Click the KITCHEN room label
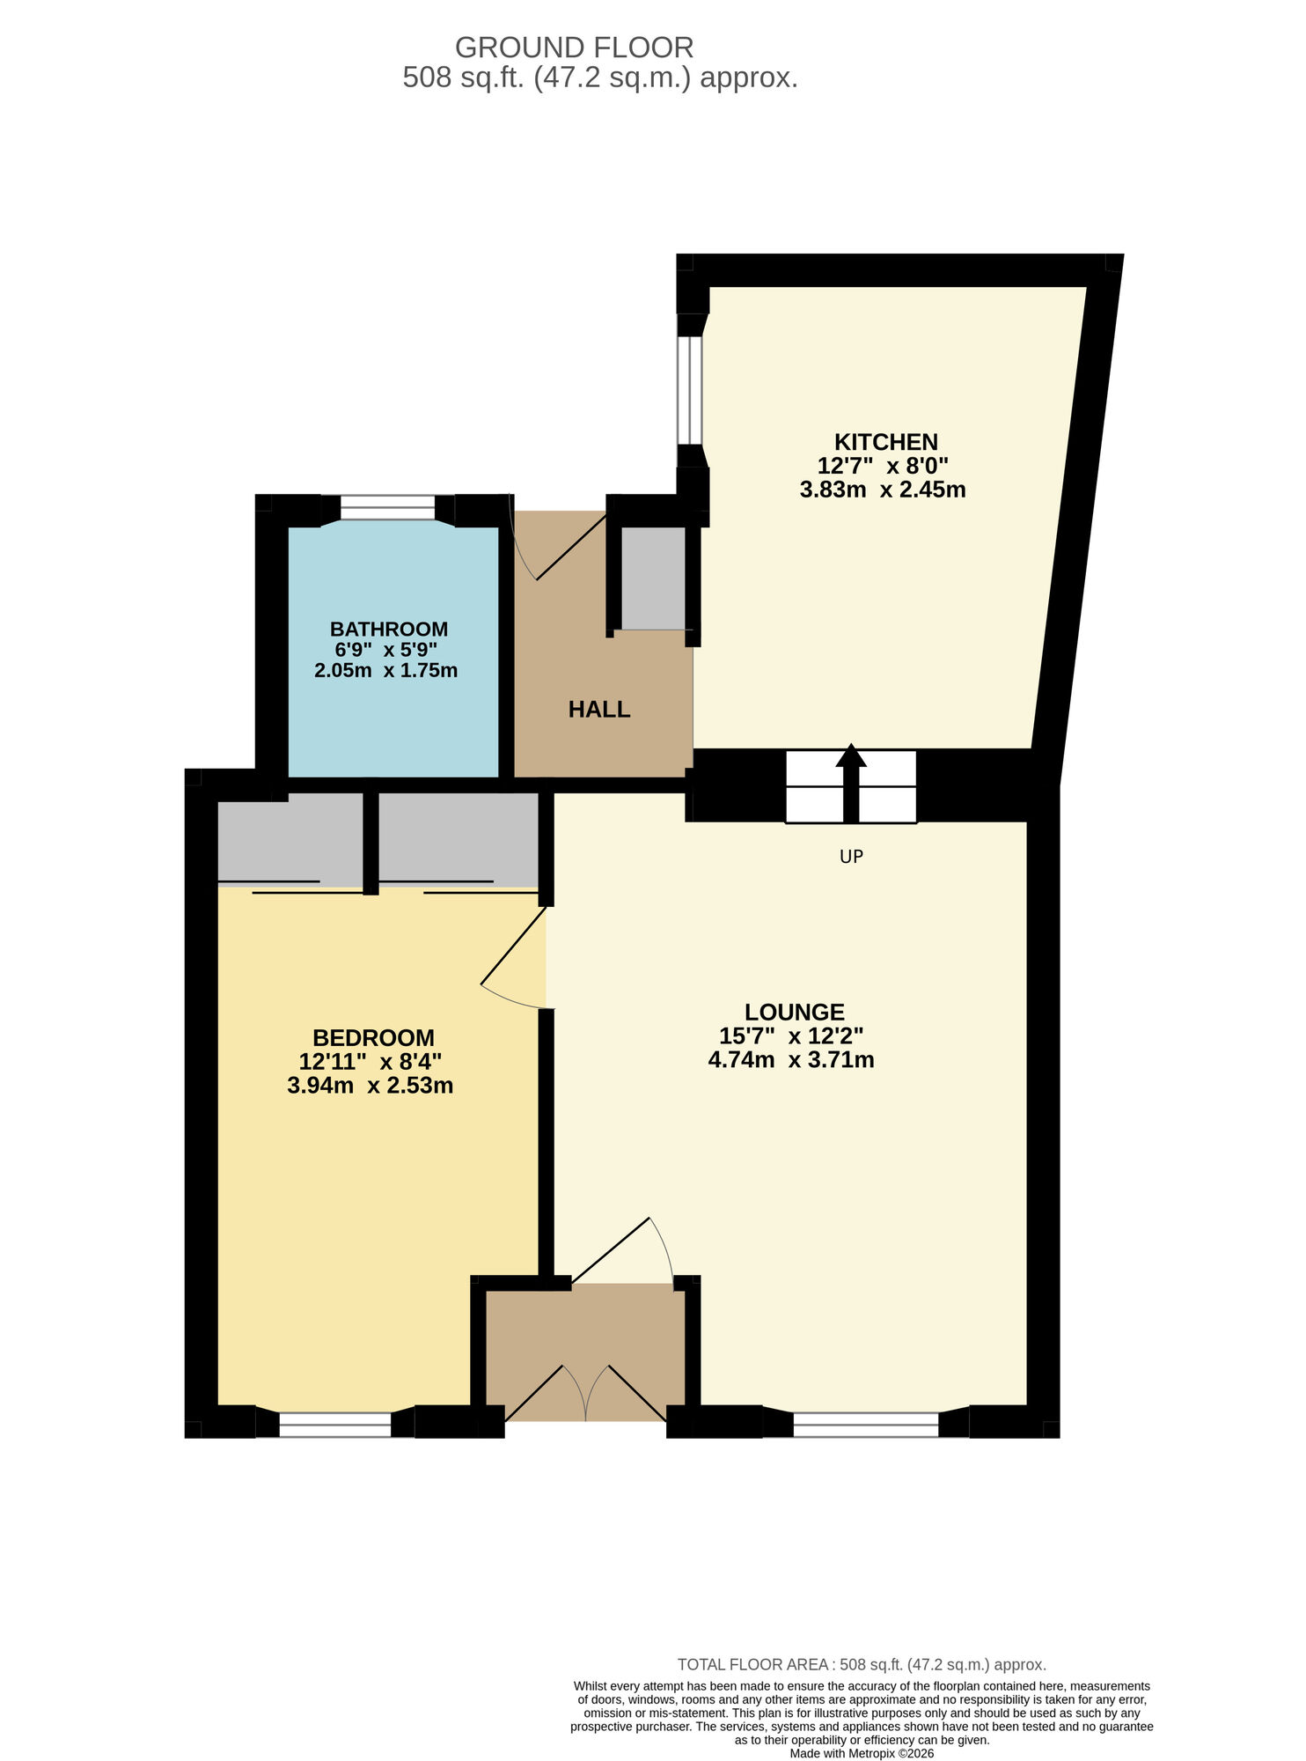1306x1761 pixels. pyautogui.click(x=885, y=442)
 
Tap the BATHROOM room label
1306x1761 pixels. pyautogui.click(x=388, y=630)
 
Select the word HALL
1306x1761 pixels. pyautogui.click(x=599, y=710)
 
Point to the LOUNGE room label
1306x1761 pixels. pyautogui.click(x=794, y=1013)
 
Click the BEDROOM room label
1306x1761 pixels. pyautogui.click(x=373, y=1038)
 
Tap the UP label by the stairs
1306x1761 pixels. pyautogui.click(x=851, y=857)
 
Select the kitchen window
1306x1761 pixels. pyautogui.click(x=691, y=390)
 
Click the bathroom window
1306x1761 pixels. pyautogui.click(x=387, y=508)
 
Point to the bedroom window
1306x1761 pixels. pyautogui.click(x=335, y=1425)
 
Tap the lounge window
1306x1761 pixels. pyautogui.click(x=866, y=1425)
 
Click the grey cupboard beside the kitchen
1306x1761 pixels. pyautogui.click(x=653, y=578)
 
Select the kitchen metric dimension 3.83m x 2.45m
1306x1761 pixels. pyautogui.click(x=882, y=490)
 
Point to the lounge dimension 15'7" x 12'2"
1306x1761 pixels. pyautogui.click(x=791, y=1036)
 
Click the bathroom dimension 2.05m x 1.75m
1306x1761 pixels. pyautogui.click(x=385, y=671)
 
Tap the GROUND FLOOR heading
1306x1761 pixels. pyautogui.click(x=574, y=47)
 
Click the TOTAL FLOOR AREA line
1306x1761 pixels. pyautogui.click(x=861, y=1665)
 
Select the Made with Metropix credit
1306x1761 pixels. pyautogui.click(x=862, y=1753)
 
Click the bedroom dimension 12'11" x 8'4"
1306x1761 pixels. pyautogui.click(x=371, y=1062)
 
